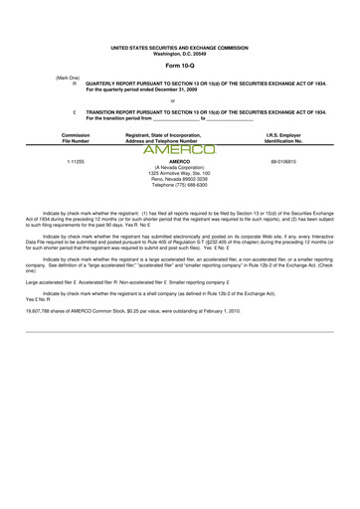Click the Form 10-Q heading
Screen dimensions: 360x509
coord(179,66)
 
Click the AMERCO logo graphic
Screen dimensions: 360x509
coord(179,151)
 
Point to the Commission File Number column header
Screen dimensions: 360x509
coord(76,137)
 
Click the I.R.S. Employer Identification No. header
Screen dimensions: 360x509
coord(284,137)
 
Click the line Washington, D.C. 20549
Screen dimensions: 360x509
coord(179,53)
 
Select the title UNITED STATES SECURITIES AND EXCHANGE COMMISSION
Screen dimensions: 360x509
coord(179,47)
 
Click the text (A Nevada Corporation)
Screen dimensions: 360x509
coord(179,167)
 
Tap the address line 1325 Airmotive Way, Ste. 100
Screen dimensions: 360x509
coord(179,173)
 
